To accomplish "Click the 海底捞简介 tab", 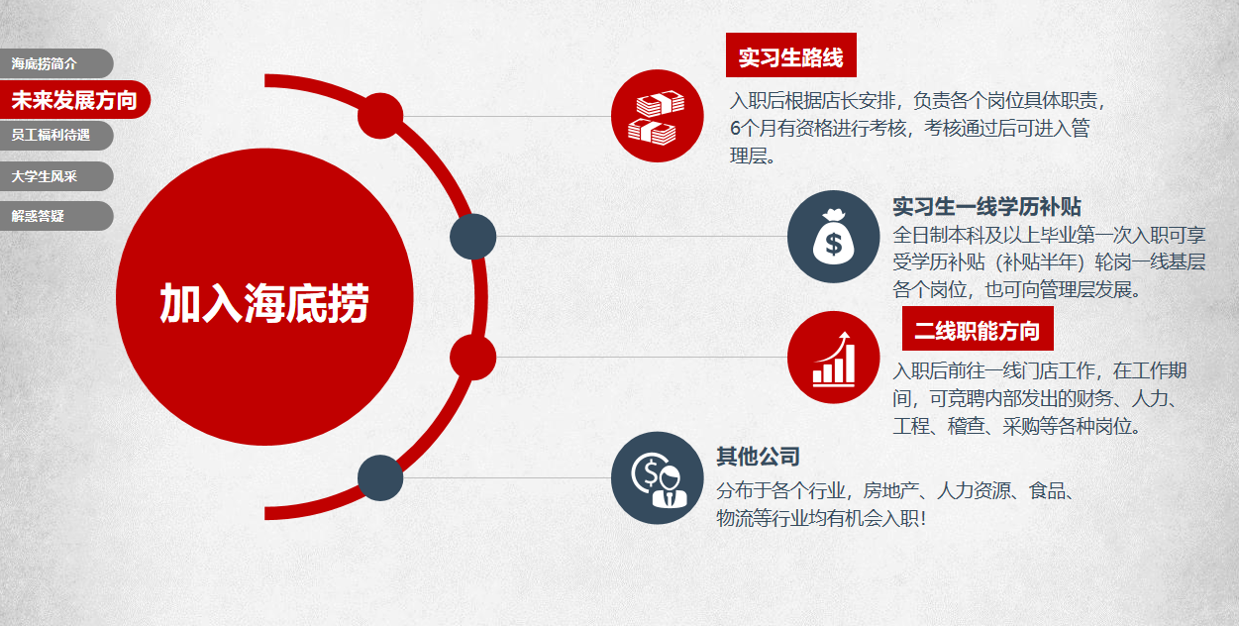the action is coord(55,63).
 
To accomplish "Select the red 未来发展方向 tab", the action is coord(74,100).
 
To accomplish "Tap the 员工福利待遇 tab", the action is coord(55,135).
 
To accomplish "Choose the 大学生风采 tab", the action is coord(55,176).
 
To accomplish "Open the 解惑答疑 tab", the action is coord(55,216).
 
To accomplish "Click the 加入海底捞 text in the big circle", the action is coord(264,303).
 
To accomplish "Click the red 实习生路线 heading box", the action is coord(791,55).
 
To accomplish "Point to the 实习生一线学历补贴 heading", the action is coord(986,207).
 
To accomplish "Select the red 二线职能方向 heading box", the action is coord(978,329).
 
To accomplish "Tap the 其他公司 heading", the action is coord(758,457).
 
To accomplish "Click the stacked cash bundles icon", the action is coord(657,116).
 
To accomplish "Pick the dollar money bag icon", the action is coord(834,237).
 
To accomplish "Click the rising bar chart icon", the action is coord(834,358).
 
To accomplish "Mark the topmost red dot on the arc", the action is coord(380,116).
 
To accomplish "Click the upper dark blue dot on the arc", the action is coord(473,237).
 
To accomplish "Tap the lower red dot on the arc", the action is coord(473,358).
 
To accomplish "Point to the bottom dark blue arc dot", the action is coord(380,477).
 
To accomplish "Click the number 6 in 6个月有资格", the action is coord(735,129).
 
